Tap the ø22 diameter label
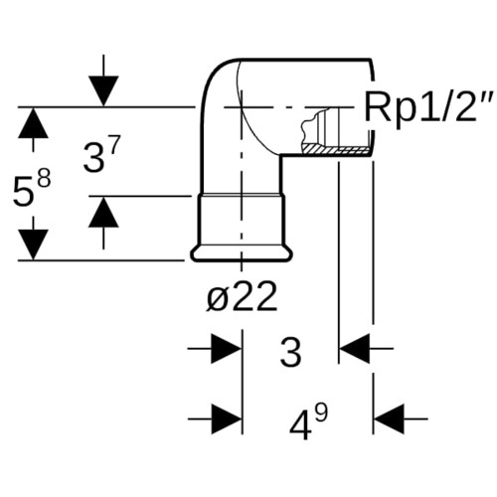click(x=242, y=296)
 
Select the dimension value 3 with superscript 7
click(x=100, y=155)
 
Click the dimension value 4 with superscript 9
click(x=308, y=422)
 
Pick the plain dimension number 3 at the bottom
click(x=291, y=352)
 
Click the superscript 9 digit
click(x=320, y=414)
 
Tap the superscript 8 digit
click(x=43, y=179)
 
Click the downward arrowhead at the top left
click(x=103, y=91)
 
